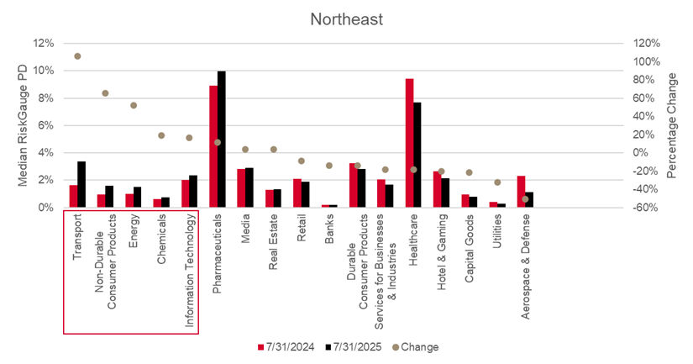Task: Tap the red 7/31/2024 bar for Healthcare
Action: pyautogui.click(x=409, y=143)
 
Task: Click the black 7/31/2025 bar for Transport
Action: pyautogui.click(x=81, y=184)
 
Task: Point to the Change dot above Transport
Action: pyautogui.click(x=77, y=56)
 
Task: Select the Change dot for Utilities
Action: pyautogui.click(x=497, y=182)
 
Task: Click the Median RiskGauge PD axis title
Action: pyautogui.click(x=23, y=125)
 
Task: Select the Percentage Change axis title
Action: pyautogui.click(x=671, y=125)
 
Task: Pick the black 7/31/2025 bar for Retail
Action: pyautogui.click(x=306, y=194)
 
